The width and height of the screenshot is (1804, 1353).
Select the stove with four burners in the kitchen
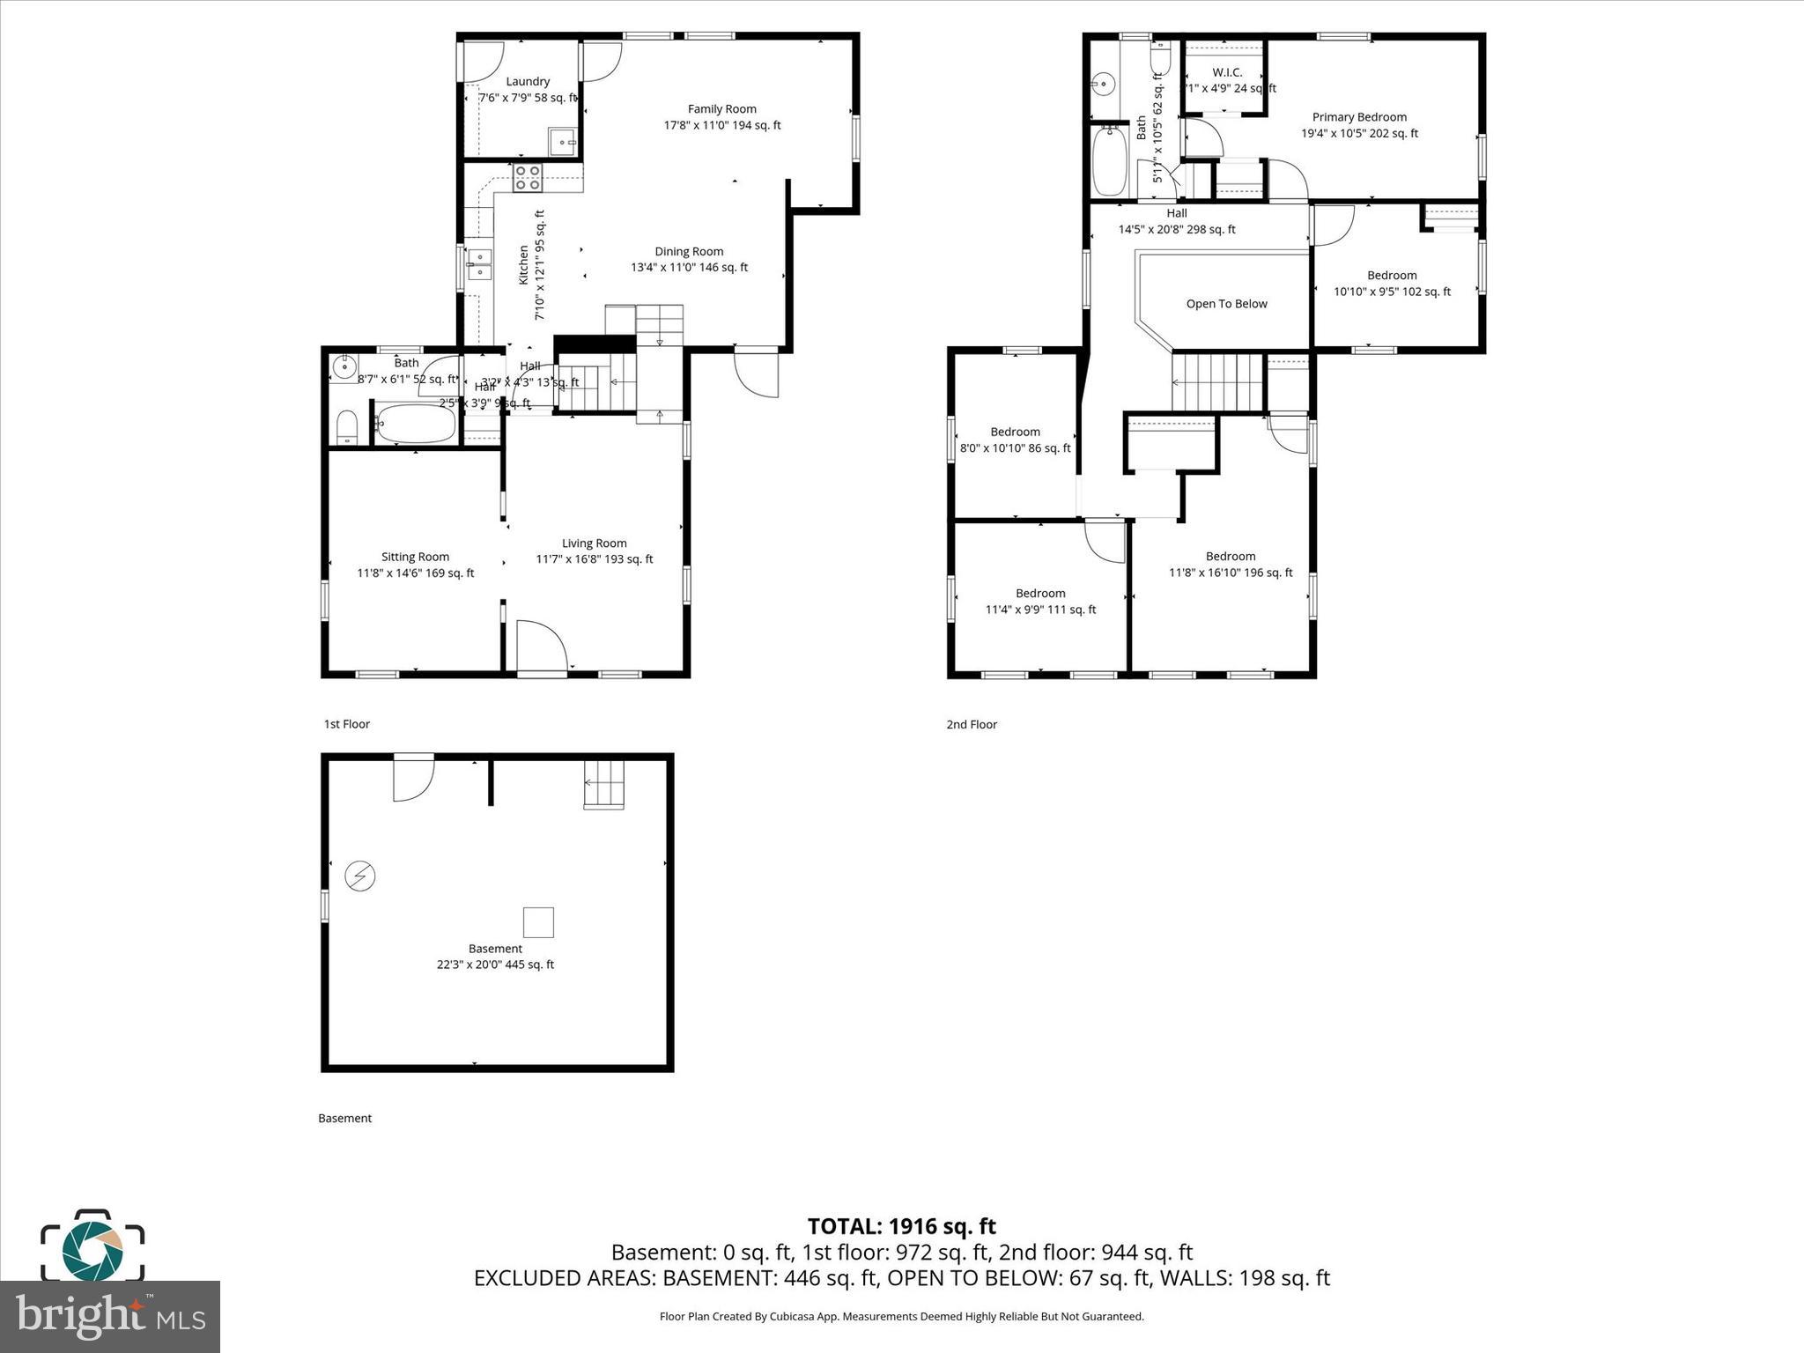[x=528, y=178]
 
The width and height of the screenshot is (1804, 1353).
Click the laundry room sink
[x=562, y=141]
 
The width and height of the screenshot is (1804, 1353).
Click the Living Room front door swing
[x=540, y=645]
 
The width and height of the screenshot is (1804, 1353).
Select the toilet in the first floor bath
[x=347, y=427]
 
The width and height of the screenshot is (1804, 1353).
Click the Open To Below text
[x=1226, y=304]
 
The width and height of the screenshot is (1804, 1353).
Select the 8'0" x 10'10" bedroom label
[x=1015, y=440]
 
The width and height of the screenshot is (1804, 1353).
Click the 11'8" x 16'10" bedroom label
[x=1230, y=564]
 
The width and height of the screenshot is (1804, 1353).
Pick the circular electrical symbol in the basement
[x=360, y=876]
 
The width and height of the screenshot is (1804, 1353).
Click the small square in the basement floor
[x=538, y=922]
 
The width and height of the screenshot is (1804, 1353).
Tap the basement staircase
[x=603, y=783]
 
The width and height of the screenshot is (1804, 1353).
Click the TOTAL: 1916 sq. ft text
[x=901, y=1226]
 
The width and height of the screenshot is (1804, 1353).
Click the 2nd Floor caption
[x=972, y=724]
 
